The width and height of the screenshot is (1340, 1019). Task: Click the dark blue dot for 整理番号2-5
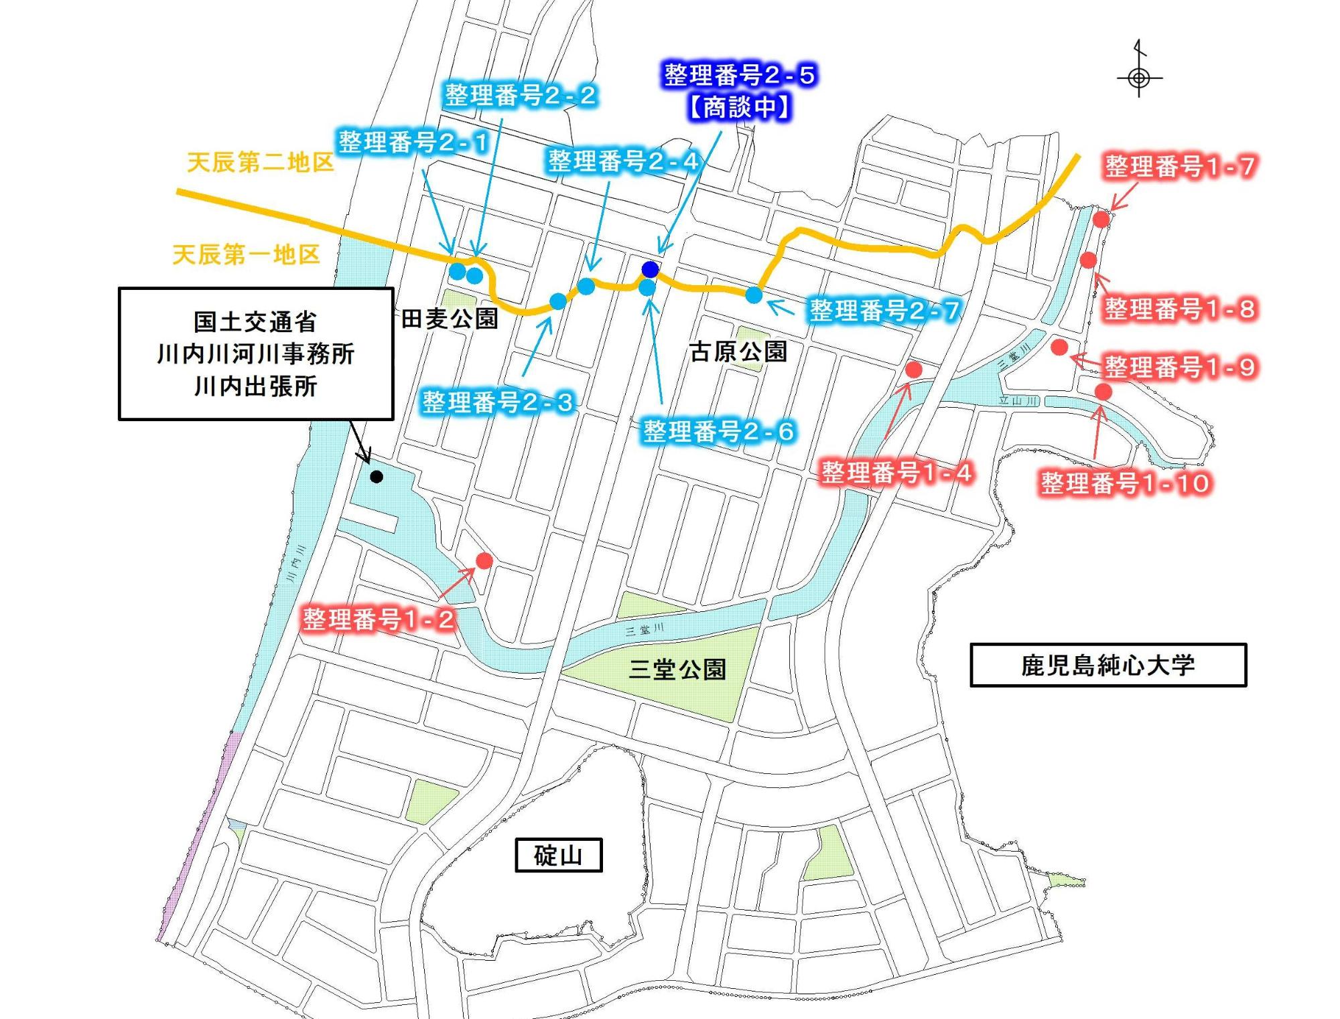click(x=650, y=269)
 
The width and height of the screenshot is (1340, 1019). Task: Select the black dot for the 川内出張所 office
click(x=377, y=477)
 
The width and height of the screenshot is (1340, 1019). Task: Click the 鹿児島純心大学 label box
click(x=1108, y=665)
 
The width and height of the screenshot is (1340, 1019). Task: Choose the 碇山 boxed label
click(x=558, y=855)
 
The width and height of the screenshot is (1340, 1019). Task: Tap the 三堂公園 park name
click(x=677, y=669)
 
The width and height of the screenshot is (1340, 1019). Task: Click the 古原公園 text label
click(x=738, y=351)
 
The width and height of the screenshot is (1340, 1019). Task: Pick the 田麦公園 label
click(x=450, y=319)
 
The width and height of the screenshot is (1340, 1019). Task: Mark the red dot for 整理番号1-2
click(x=484, y=560)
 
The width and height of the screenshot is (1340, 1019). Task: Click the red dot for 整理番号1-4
click(x=913, y=369)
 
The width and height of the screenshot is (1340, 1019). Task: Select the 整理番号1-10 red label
click(x=1126, y=483)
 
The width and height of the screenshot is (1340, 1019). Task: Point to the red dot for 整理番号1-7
click(x=1101, y=219)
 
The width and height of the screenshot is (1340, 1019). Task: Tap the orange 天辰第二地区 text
click(x=260, y=162)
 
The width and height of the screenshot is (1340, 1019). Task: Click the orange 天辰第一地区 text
click(x=246, y=254)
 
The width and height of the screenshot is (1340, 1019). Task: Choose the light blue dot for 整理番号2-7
click(x=754, y=295)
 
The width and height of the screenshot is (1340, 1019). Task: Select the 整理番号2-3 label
click(x=497, y=402)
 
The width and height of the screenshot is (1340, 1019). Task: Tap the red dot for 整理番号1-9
click(x=1059, y=347)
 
